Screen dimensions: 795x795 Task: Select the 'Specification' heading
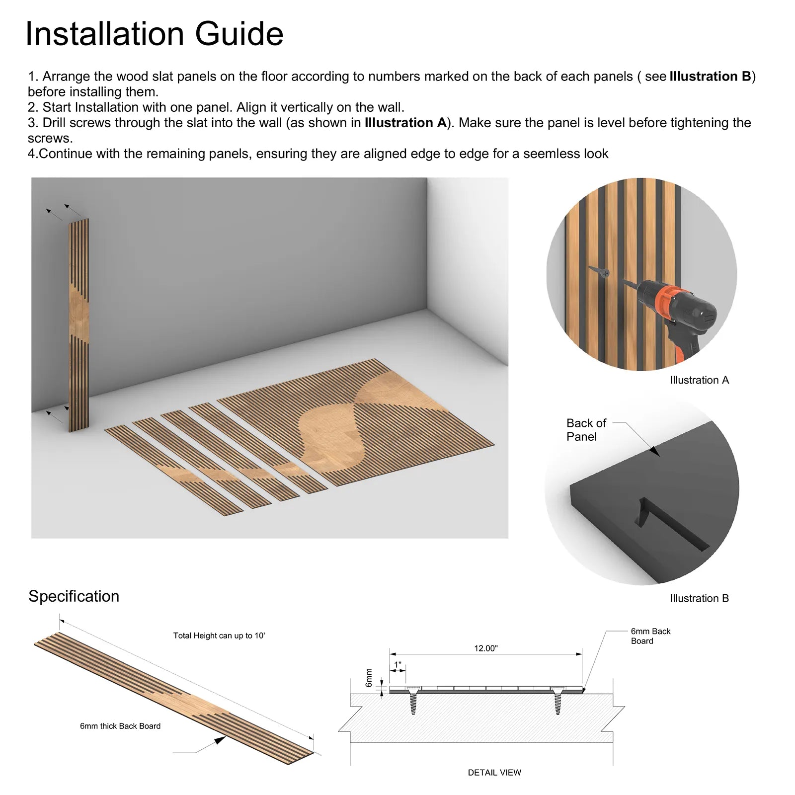pos(74,596)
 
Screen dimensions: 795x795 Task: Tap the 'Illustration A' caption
pos(699,380)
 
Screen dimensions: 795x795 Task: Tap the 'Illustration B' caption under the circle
pos(699,598)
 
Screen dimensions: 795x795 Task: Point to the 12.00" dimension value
pos(485,648)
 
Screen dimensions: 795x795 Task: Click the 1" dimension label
pos(397,665)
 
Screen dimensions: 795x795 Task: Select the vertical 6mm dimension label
pos(369,678)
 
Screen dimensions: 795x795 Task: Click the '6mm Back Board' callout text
pos(650,636)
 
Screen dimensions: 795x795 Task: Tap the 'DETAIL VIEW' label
pos(494,773)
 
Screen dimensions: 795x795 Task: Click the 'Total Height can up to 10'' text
pos(219,636)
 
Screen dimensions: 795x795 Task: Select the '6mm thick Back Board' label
pos(120,726)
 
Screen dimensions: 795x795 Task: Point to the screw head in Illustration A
pos(605,272)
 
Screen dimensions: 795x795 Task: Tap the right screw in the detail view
pos(557,700)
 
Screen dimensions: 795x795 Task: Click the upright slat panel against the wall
pos(79,325)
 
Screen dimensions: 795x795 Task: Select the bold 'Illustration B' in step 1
pos(711,77)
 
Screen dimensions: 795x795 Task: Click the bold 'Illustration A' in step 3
pos(405,123)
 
